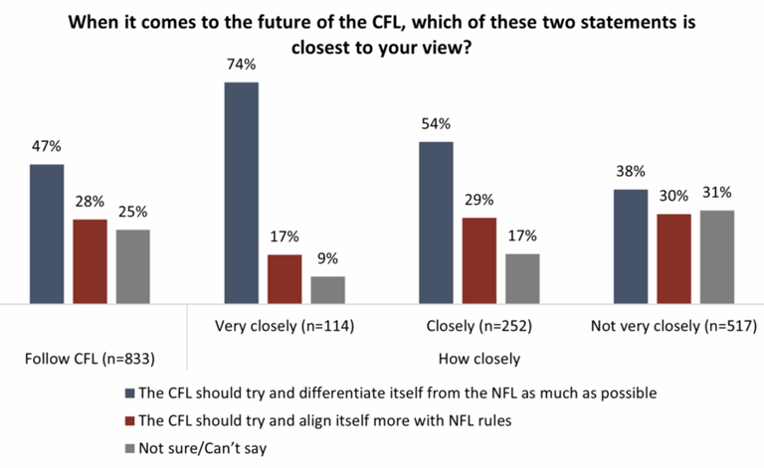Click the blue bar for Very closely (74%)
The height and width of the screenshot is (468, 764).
pos(241,193)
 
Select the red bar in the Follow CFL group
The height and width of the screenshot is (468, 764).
pos(90,260)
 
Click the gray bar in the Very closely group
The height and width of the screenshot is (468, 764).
pos(327,289)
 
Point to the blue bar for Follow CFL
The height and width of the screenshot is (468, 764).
pos(46,234)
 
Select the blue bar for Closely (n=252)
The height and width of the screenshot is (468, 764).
pos(436,223)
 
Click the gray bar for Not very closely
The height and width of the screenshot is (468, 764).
pos(716,256)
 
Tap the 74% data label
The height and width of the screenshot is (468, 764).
pos(241,65)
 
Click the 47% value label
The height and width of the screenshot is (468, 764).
pos(46,146)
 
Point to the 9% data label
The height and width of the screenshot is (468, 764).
pos(327,259)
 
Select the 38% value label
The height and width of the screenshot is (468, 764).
pos(630,171)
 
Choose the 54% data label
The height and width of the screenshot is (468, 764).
pos(436,124)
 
